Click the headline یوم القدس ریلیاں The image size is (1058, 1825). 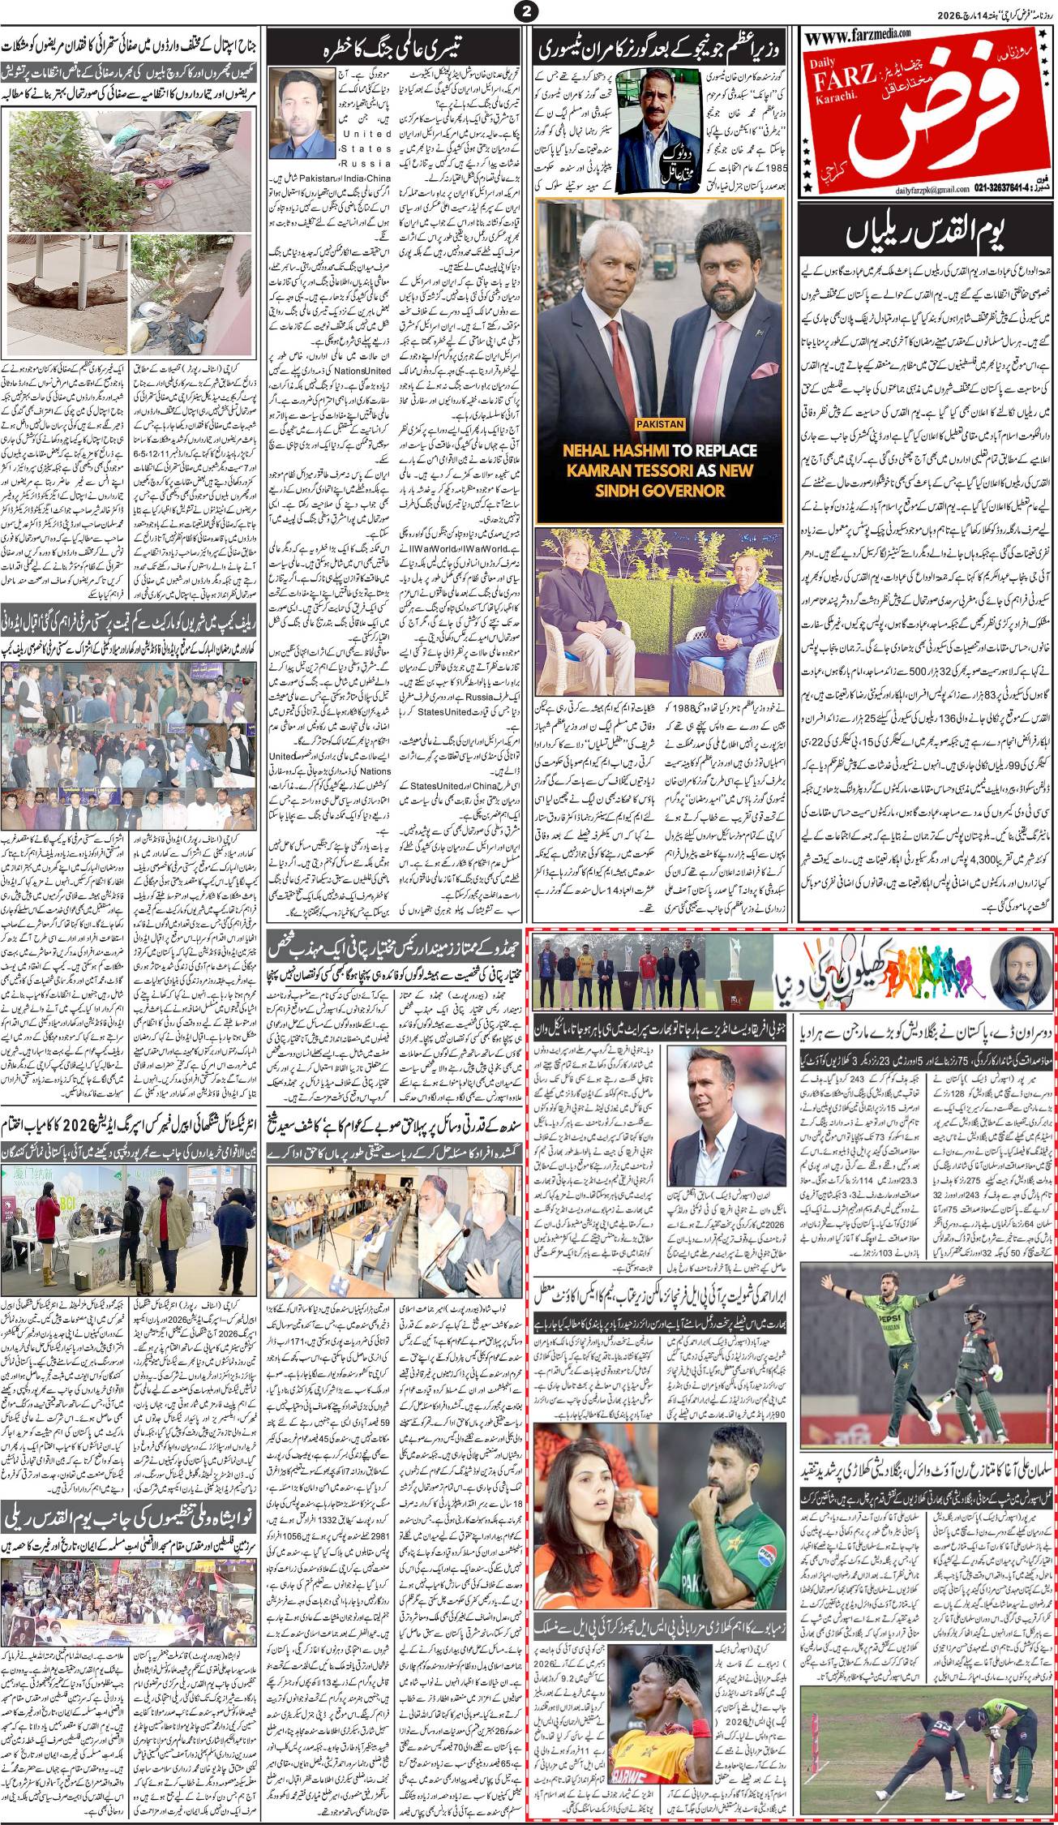pos(927,237)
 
